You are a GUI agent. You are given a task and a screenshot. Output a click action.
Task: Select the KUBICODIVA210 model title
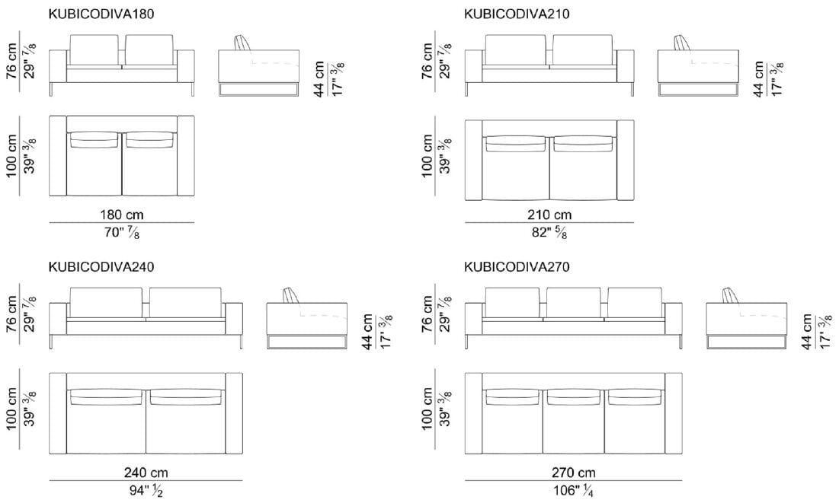517,14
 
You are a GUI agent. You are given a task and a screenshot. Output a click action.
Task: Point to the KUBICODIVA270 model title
517,267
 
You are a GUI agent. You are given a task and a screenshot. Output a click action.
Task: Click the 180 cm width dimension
122,215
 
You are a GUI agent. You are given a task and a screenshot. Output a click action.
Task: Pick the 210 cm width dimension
549,215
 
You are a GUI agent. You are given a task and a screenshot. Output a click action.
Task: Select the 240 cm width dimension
146,473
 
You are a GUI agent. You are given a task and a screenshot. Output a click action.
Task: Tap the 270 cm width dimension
573,473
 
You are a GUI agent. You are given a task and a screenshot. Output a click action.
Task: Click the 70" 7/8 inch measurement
122,234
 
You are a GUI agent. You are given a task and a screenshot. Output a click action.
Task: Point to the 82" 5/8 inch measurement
549,234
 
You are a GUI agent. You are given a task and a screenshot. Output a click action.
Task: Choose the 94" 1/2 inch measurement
146,492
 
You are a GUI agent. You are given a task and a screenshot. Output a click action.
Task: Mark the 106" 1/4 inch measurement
573,492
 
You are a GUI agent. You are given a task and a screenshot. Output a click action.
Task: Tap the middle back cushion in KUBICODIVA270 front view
573,303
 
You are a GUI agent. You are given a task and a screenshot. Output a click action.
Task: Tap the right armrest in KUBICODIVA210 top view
625,160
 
